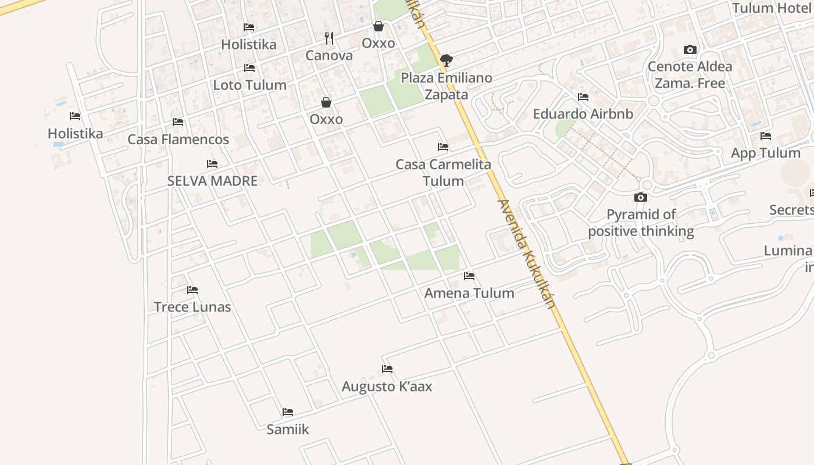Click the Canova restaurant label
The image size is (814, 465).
pyautogui.click(x=329, y=56)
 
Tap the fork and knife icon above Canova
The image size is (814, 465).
pyautogui.click(x=329, y=38)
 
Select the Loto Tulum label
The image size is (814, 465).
pyautogui.click(x=249, y=85)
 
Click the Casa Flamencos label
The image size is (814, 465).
pyautogui.click(x=178, y=139)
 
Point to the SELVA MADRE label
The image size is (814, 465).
pyautogui.click(x=212, y=181)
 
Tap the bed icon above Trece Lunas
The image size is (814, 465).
pyautogui.click(x=192, y=290)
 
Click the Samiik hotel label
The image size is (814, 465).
pyautogui.click(x=288, y=430)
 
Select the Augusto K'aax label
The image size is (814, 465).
pyautogui.click(x=387, y=387)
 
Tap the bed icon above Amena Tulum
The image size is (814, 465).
pyautogui.click(x=469, y=276)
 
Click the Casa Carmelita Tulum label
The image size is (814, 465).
pyautogui.click(x=443, y=173)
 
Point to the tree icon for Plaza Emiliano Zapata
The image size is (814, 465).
pyautogui.click(x=447, y=59)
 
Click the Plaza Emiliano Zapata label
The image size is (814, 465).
pyautogui.click(x=447, y=86)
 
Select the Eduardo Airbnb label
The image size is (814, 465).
pyautogui.click(x=583, y=114)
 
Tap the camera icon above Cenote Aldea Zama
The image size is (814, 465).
pyautogui.click(x=690, y=49)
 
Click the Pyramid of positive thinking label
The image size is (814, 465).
pyautogui.click(x=641, y=223)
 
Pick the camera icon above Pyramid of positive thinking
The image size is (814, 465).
pyautogui.click(x=641, y=198)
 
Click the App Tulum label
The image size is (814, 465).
pyautogui.click(x=765, y=153)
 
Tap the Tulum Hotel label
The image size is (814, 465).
pyautogui.click(x=771, y=8)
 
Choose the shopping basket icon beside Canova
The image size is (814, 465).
pyautogui.click(x=379, y=26)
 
